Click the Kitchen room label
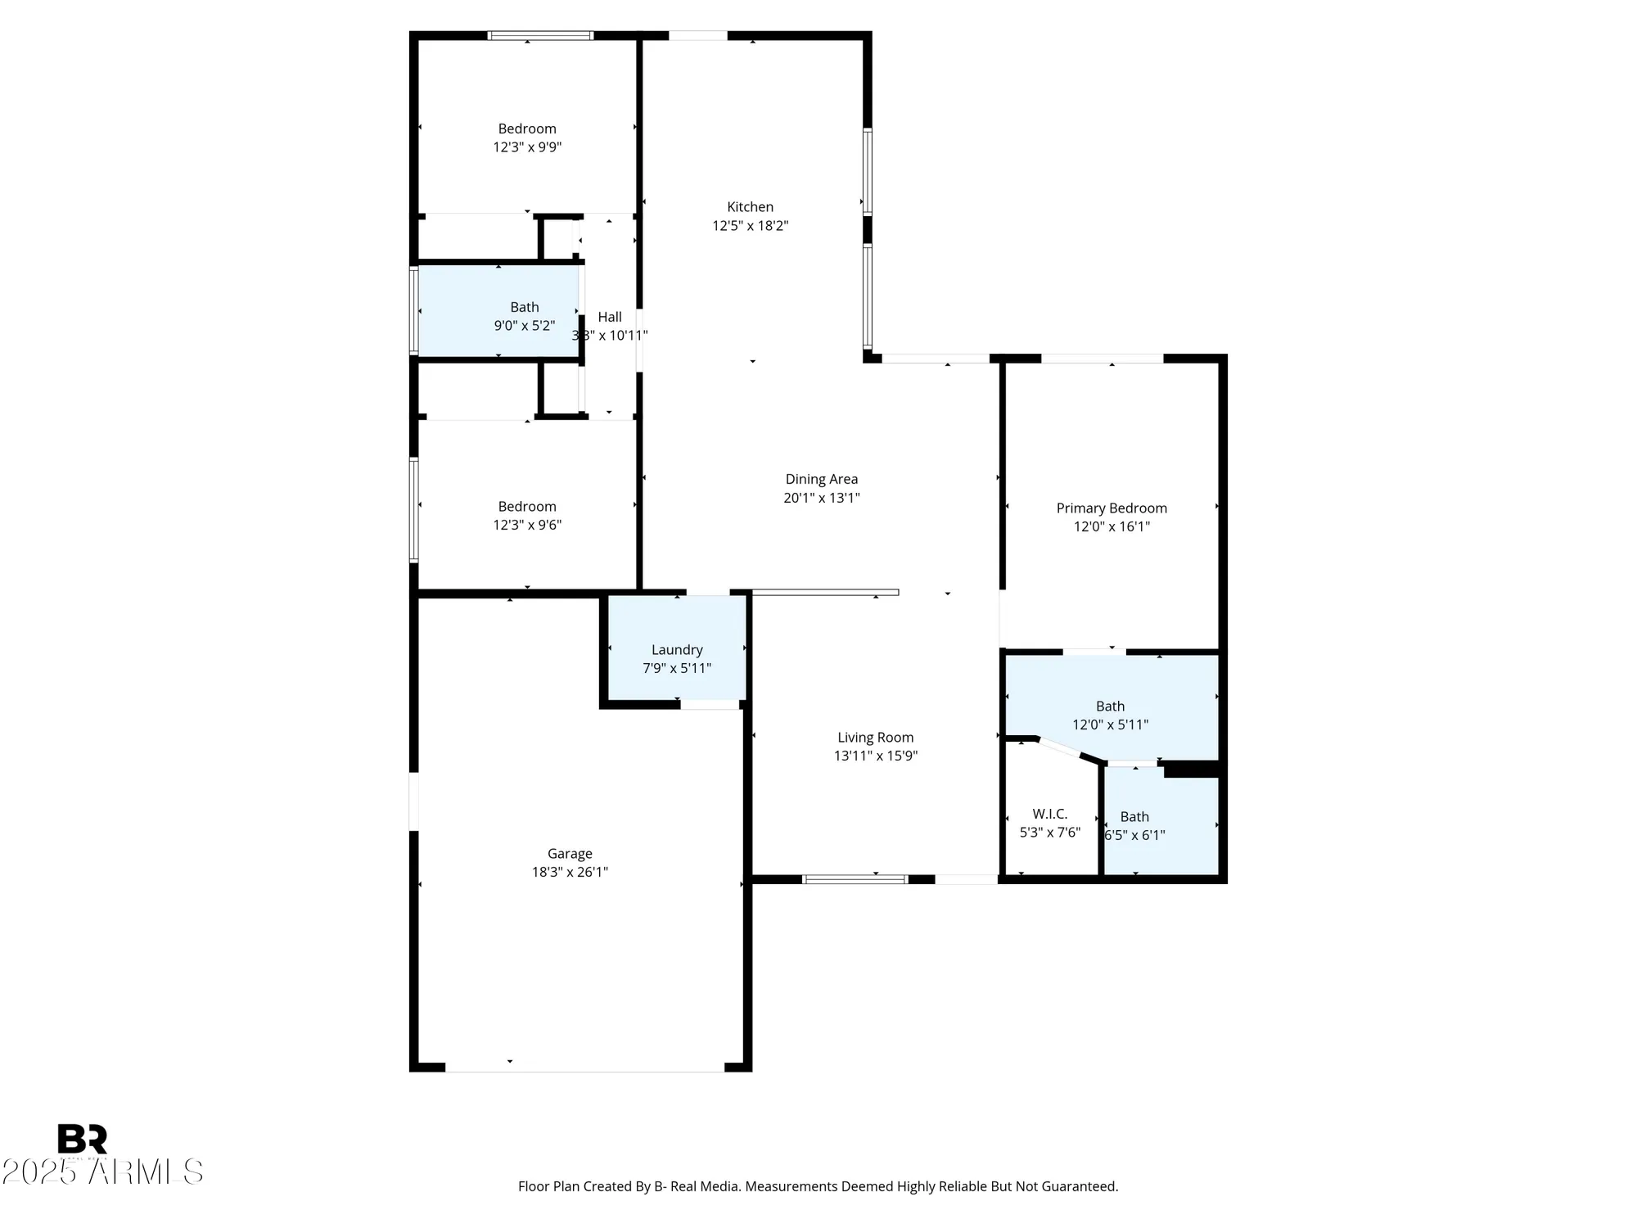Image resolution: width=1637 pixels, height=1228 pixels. click(x=750, y=207)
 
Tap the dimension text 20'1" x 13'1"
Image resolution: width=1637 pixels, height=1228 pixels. click(x=821, y=498)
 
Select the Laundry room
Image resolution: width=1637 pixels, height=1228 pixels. click(x=677, y=650)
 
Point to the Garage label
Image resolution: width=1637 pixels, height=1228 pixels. click(x=570, y=854)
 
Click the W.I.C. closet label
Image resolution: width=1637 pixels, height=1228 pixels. click(x=1049, y=814)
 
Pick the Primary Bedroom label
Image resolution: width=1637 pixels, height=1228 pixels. click(x=1111, y=508)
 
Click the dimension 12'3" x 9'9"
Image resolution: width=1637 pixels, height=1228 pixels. click(x=527, y=147)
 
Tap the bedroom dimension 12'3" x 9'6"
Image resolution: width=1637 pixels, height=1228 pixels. click(x=527, y=525)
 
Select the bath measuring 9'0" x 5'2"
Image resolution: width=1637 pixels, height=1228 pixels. click(x=524, y=316)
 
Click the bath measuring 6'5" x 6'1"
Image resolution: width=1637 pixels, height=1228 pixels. click(x=1134, y=826)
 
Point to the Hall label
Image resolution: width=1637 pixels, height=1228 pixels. click(x=609, y=317)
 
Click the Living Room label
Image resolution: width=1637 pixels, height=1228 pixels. click(x=875, y=738)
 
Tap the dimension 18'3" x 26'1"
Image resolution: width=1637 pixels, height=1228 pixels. click(x=570, y=872)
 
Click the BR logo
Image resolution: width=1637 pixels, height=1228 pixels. click(x=82, y=1139)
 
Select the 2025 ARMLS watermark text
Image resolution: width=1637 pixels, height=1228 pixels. click(x=102, y=1172)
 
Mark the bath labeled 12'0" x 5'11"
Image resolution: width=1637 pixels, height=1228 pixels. click(x=1110, y=715)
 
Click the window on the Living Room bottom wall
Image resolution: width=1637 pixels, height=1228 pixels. click(x=855, y=879)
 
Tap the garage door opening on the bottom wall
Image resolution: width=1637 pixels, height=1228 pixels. click(x=584, y=1068)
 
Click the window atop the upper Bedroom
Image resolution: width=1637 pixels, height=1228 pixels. click(x=540, y=35)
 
